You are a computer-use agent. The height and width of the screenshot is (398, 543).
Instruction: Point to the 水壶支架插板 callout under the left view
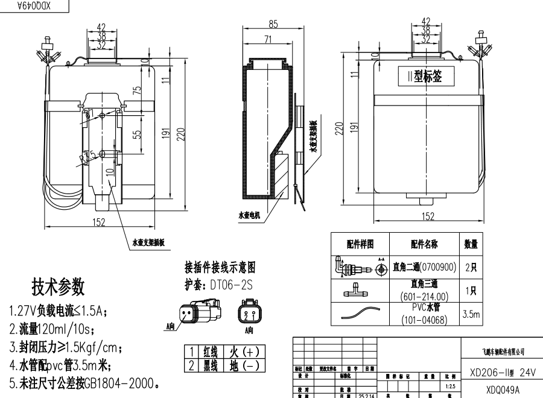[149, 244]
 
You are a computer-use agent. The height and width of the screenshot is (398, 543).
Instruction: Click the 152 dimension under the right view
[427, 216]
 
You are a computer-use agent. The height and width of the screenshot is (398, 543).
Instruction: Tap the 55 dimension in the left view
[137, 134]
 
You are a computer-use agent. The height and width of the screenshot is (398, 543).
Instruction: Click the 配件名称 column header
[424, 244]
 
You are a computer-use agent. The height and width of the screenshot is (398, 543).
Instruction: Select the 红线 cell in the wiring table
[212, 350]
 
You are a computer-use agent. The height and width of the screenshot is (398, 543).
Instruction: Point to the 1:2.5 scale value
[448, 385]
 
